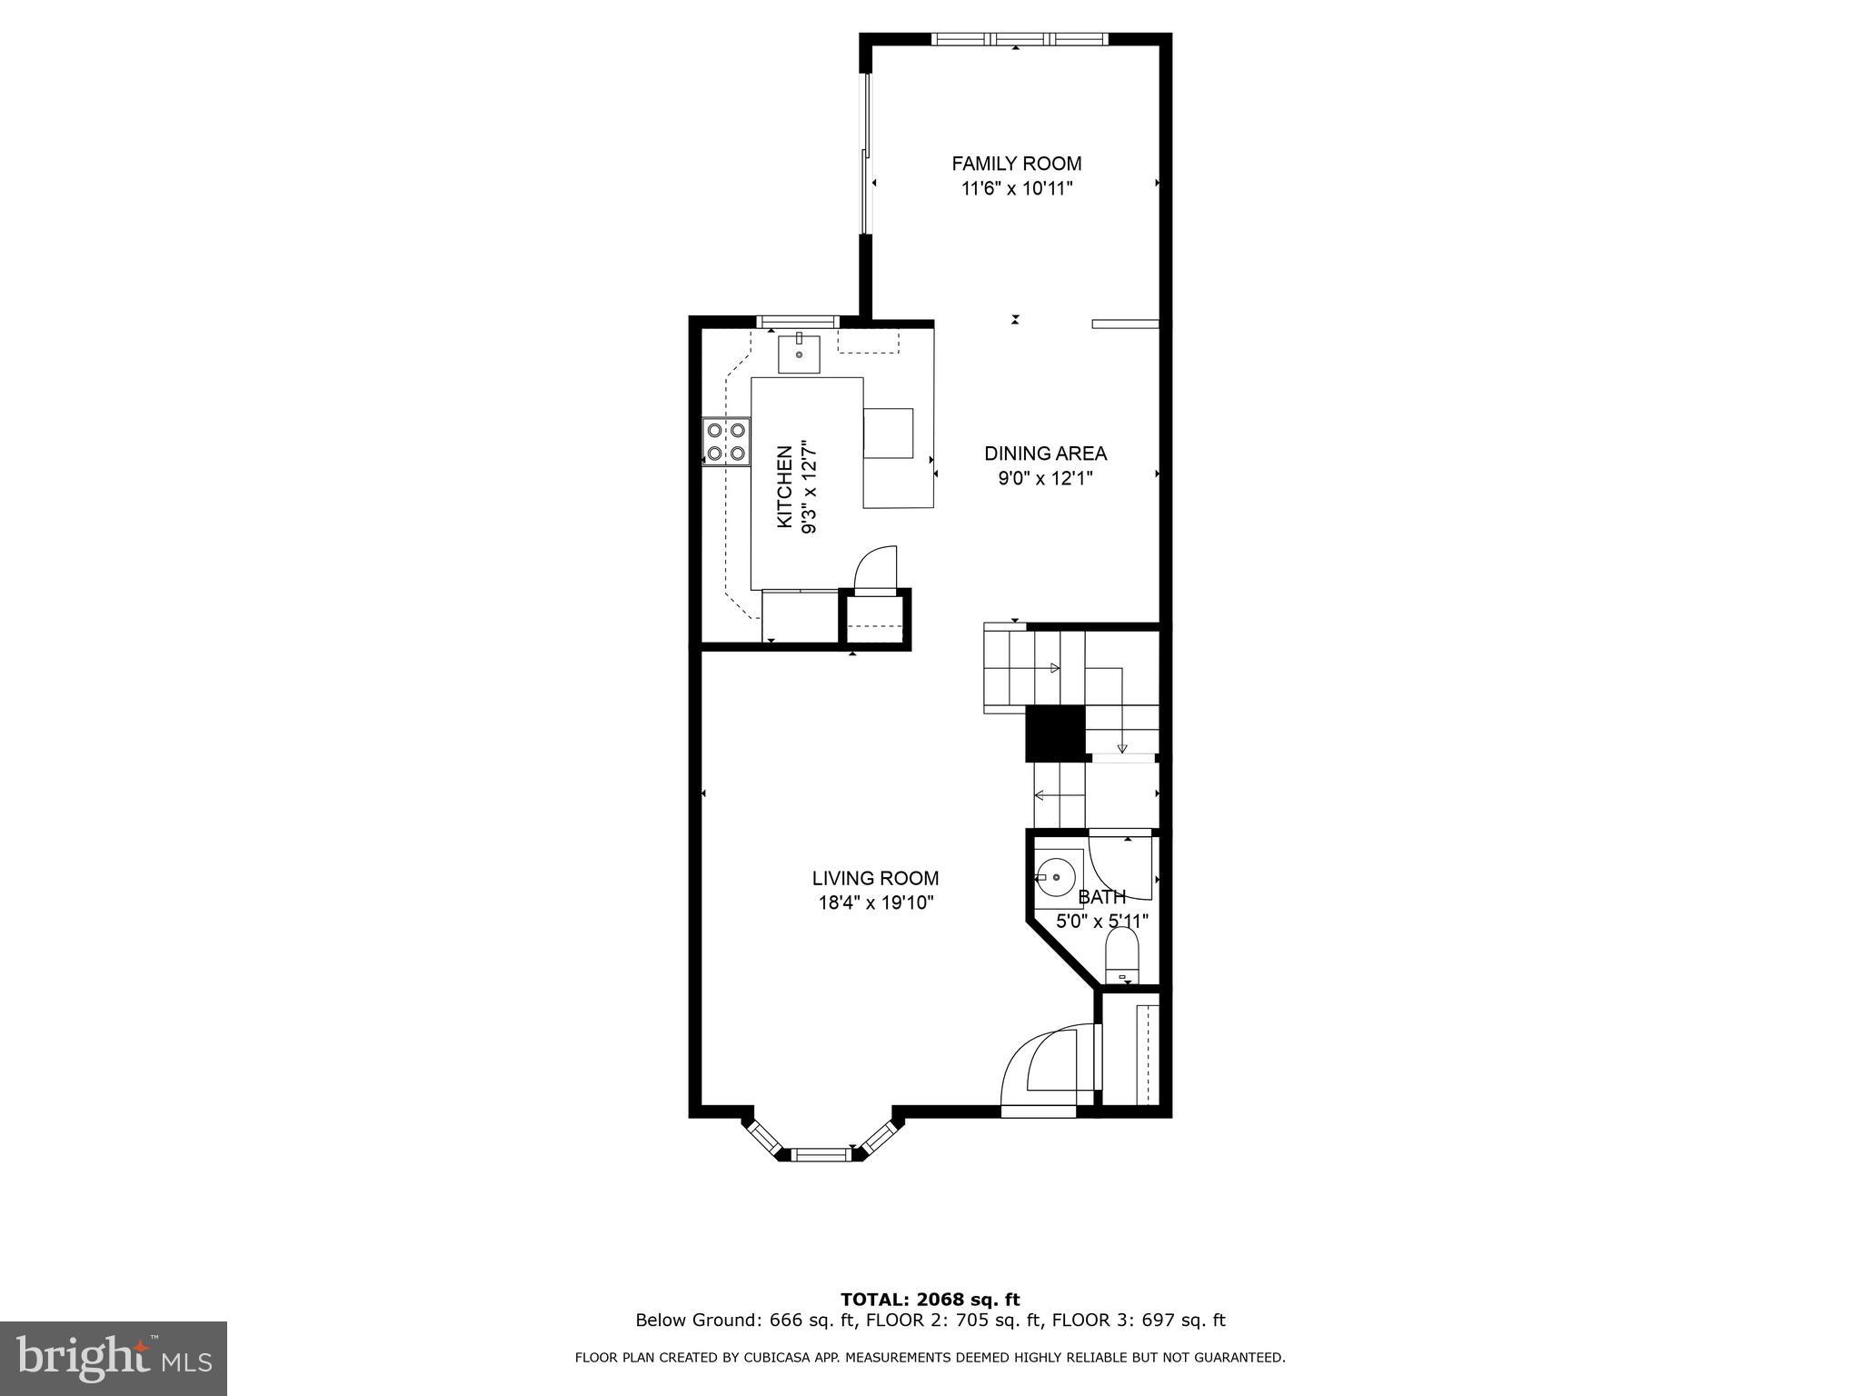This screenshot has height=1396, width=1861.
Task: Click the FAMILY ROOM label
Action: (x=1016, y=164)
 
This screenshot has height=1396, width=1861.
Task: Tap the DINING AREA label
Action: (x=1045, y=454)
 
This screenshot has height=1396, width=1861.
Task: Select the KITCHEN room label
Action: (x=784, y=487)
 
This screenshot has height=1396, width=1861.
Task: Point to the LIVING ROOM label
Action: (x=875, y=879)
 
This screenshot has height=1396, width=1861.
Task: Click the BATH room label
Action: (x=1101, y=898)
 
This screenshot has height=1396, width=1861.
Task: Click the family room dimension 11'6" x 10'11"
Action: (x=1017, y=189)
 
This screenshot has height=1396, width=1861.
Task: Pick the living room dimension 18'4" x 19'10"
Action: (x=875, y=903)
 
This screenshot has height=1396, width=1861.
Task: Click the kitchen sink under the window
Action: (x=799, y=354)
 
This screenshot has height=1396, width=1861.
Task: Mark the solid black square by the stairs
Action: (x=1055, y=733)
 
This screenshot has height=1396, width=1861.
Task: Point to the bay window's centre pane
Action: (x=821, y=1154)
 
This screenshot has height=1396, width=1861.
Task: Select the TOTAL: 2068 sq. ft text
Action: (x=930, y=1300)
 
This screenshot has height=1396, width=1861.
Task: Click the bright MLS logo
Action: (x=114, y=1358)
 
